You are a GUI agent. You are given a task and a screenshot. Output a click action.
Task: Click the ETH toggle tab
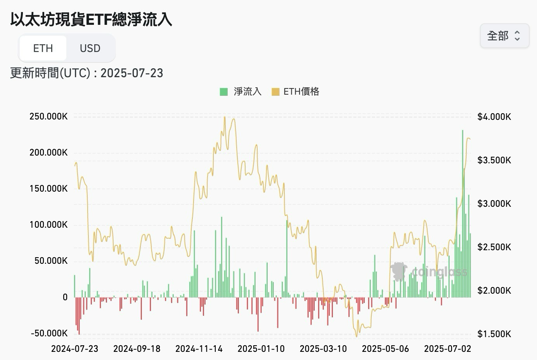point(43,48)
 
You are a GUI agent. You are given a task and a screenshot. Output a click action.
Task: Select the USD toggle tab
point(90,48)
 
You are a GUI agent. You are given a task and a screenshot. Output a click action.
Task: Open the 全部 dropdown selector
point(504,36)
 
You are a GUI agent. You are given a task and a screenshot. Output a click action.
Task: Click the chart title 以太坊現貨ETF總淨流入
point(91,19)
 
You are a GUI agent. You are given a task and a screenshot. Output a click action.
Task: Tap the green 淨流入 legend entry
point(241,92)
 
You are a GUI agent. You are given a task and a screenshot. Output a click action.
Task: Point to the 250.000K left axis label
point(49,116)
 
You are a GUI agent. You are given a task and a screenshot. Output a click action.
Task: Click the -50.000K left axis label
point(49,333)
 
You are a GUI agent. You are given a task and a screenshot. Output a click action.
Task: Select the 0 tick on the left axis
point(65,297)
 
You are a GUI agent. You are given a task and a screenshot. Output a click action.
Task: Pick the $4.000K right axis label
point(494,116)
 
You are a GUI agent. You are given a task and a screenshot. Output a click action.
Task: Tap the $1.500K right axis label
point(494,334)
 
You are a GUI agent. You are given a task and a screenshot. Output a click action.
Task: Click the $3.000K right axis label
point(494,203)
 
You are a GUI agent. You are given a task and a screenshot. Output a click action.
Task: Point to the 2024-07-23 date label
point(75,348)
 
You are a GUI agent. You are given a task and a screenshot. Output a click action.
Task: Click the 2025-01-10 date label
point(261,348)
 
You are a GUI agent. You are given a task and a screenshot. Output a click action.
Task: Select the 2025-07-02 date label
point(447,348)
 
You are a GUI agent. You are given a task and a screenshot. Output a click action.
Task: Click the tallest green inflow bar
point(463,213)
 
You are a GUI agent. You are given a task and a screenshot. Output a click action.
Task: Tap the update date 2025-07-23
point(132,73)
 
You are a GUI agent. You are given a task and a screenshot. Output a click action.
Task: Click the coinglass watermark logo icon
point(398,271)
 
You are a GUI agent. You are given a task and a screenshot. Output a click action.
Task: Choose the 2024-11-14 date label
point(199,348)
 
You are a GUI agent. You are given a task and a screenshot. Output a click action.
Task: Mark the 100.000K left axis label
point(49,225)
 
